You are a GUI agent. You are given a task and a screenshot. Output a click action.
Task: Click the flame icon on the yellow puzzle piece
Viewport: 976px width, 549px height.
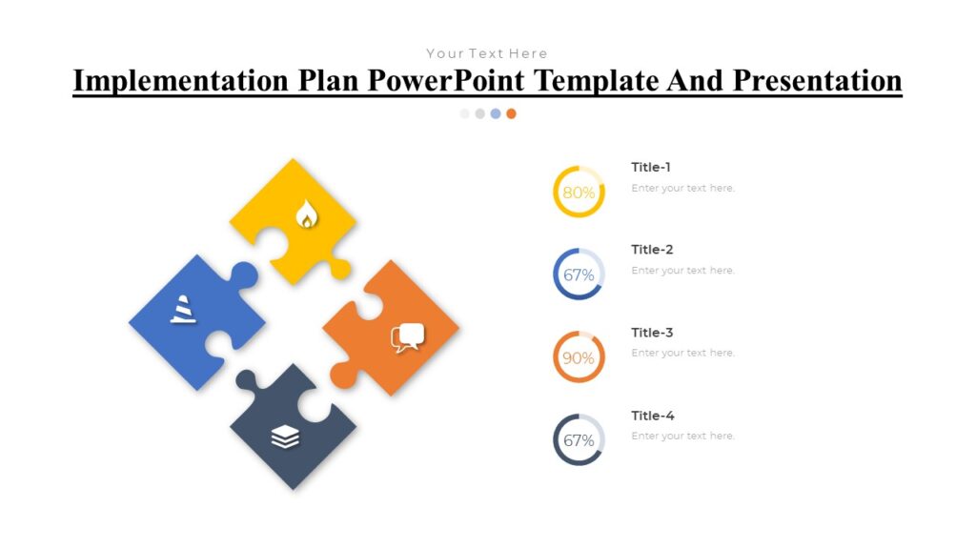pos(305,214)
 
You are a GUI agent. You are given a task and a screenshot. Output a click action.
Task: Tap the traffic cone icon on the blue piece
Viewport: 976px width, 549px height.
pos(183,310)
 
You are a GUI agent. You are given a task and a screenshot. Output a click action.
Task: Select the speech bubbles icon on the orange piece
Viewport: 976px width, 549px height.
pos(407,337)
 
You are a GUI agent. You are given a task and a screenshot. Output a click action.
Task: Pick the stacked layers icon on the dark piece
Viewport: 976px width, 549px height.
pos(285,437)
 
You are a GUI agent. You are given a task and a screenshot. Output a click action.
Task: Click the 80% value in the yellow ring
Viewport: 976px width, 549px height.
pos(579,193)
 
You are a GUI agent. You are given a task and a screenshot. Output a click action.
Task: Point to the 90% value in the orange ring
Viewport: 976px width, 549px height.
pos(579,358)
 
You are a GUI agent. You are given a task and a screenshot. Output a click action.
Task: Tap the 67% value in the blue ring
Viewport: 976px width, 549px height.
pos(579,275)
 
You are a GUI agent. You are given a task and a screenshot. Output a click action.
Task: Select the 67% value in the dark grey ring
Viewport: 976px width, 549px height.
pos(579,441)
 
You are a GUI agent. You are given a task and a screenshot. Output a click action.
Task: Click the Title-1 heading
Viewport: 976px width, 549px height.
pos(651,168)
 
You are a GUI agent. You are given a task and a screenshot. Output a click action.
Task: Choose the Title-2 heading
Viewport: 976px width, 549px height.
pos(652,250)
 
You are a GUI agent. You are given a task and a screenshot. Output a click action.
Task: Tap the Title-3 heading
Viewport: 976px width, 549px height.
pos(652,333)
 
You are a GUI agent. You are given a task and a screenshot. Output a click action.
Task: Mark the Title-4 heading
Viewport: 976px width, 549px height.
pos(652,416)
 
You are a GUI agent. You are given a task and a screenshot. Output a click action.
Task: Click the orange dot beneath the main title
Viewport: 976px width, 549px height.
pos(511,113)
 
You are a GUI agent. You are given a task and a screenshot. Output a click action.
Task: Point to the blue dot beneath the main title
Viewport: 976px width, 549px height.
pos(496,113)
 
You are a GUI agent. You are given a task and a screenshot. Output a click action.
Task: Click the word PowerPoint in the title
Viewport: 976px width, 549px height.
pos(447,81)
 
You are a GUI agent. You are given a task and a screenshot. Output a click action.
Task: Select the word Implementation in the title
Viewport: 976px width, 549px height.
pos(181,81)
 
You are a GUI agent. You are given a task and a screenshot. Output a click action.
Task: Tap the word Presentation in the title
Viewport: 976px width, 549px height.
pos(817,81)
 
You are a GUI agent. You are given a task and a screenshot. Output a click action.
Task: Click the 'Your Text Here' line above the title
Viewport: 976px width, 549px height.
pos(487,53)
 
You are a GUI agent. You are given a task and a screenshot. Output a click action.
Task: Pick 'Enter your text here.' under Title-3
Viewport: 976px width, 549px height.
pos(682,353)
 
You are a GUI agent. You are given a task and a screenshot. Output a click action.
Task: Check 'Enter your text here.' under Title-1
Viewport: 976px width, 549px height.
pos(682,188)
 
